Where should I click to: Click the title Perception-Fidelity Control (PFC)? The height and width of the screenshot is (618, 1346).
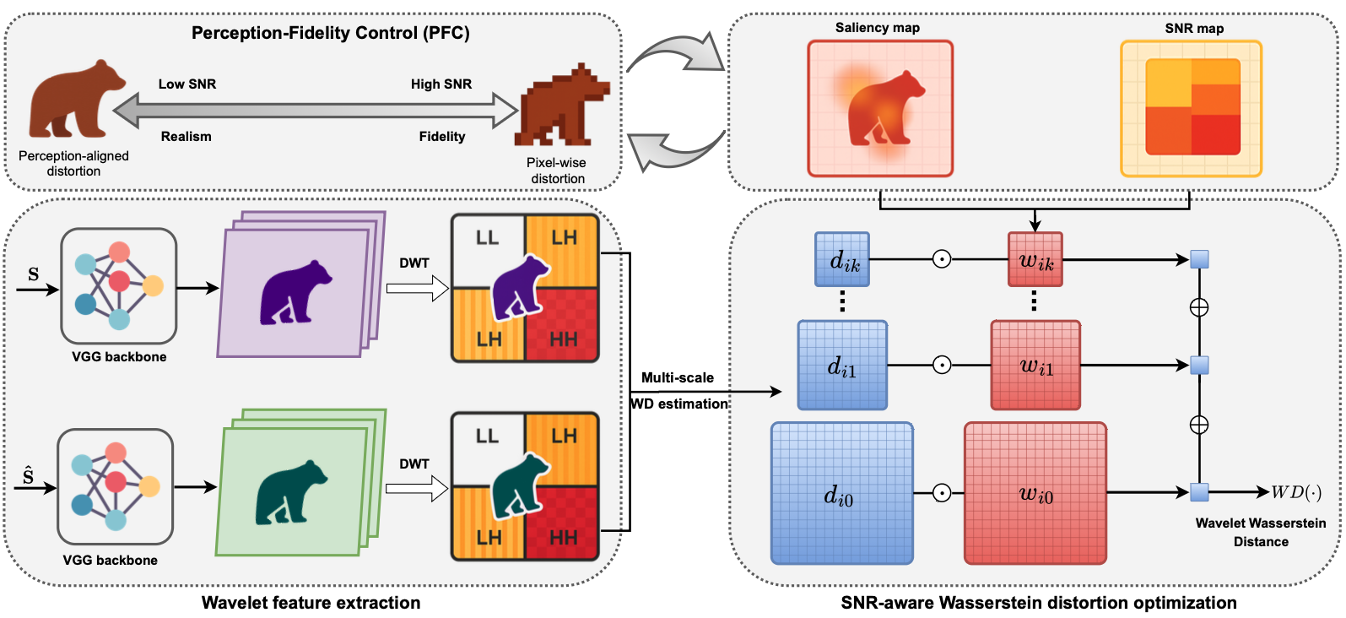(x=330, y=33)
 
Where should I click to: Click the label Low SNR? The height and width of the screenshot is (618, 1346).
(x=187, y=84)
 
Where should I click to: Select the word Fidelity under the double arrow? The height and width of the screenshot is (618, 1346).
(x=442, y=137)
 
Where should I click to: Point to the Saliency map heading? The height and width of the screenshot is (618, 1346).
(x=878, y=28)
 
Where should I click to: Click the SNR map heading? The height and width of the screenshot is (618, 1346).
(x=1194, y=29)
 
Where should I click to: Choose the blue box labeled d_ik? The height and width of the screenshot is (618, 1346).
(x=842, y=260)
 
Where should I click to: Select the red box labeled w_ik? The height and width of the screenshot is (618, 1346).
(x=1035, y=260)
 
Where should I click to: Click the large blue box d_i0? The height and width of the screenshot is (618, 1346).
(x=841, y=494)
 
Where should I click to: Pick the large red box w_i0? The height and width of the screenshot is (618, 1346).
(x=1035, y=494)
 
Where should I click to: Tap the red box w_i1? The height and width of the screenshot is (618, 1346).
(x=1035, y=366)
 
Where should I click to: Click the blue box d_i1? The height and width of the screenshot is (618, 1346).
(x=842, y=366)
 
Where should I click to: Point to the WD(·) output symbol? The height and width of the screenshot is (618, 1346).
(x=1296, y=492)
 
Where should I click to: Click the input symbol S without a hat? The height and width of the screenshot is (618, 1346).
(x=34, y=274)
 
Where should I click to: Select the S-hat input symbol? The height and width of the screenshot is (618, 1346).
(x=29, y=476)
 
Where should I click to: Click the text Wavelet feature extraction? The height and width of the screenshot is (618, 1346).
(x=311, y=603)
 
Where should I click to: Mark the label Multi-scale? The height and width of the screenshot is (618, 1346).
(x=678, y=378)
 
